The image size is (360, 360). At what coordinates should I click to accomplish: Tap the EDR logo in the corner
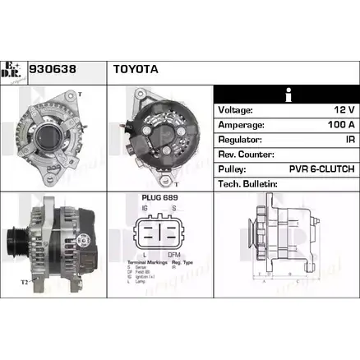pos(16,72)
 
